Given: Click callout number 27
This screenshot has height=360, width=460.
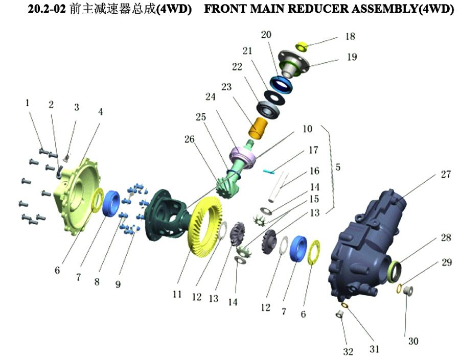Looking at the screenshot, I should (x=446, y=175).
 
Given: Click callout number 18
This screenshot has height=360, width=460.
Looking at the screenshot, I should (x=350, y=37).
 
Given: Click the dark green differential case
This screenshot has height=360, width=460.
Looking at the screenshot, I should (x=166, y=214).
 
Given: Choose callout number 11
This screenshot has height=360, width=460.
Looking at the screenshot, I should (x=177, y=295).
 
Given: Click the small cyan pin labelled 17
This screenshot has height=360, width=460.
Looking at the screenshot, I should (x=269, y=172).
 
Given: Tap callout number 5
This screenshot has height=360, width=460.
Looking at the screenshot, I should (x=338, y=167).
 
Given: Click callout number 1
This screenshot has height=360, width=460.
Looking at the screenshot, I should (x=28, y=103).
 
